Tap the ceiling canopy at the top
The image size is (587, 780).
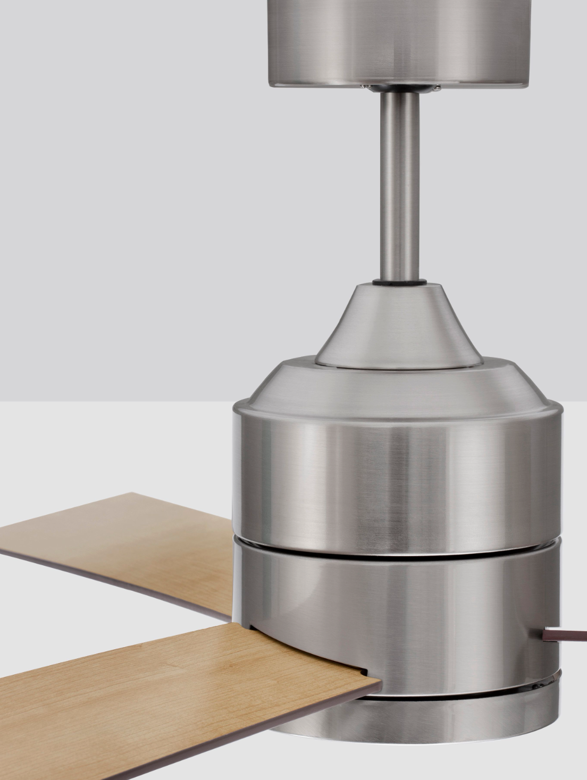399,37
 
